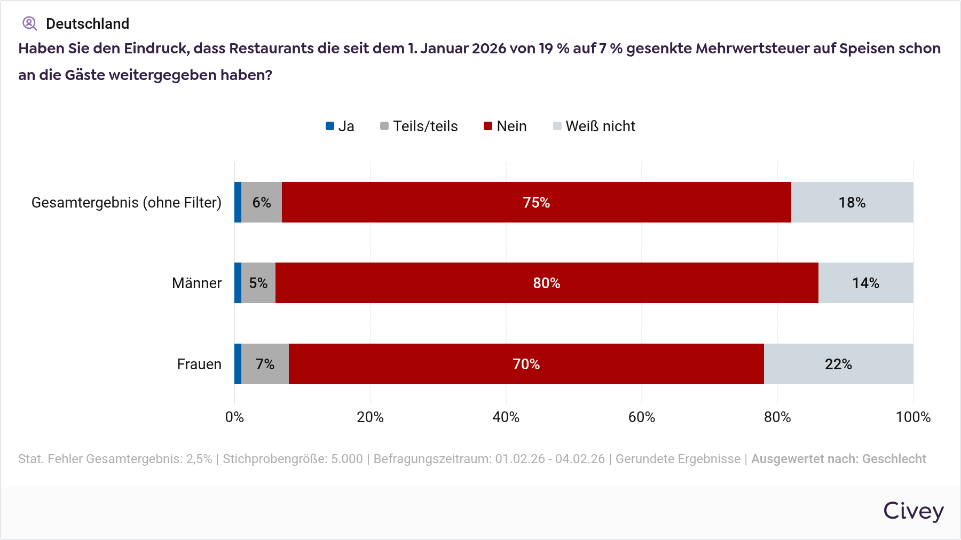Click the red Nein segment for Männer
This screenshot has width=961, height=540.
(547, 283)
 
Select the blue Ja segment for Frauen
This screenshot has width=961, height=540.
(238, 364)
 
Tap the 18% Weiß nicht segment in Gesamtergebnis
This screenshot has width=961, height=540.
(852, 202)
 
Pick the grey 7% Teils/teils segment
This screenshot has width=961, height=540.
(265, 364)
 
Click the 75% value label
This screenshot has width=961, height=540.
(536, 203)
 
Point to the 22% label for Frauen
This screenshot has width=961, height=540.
(838, 364)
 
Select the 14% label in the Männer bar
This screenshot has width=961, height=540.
(865, 283)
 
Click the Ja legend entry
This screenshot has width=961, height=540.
(340, 126)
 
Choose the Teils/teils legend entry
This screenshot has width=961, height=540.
(419, 126)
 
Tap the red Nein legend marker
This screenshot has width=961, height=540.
(488, 126)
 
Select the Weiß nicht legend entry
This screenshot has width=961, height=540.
(594, 126)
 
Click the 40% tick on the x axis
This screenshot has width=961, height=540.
(506, 417)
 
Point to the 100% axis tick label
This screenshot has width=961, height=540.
(913, 417)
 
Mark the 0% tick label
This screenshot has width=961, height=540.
(234, 417)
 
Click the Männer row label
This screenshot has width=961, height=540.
(196, 283)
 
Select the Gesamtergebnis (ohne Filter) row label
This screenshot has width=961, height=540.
(127, 203)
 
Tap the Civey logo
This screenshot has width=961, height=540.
(913, 511)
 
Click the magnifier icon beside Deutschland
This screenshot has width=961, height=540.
(29, 23)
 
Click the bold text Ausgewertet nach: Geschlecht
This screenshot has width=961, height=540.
(838, 459)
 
